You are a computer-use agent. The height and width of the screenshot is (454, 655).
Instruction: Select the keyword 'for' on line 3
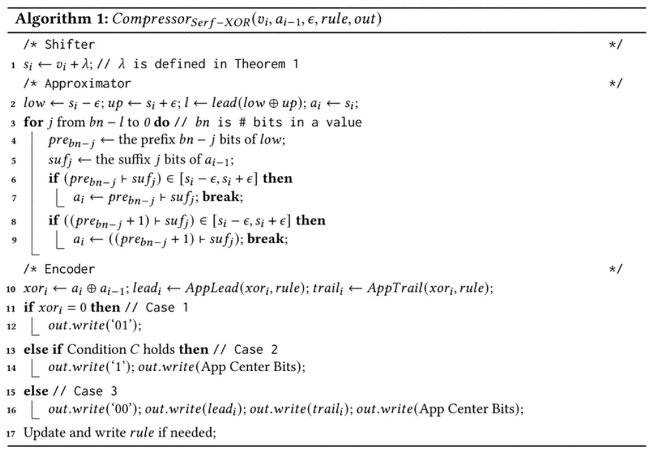tap(33, 122)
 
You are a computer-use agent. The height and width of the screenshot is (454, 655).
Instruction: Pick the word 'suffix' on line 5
tap(134, 160)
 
